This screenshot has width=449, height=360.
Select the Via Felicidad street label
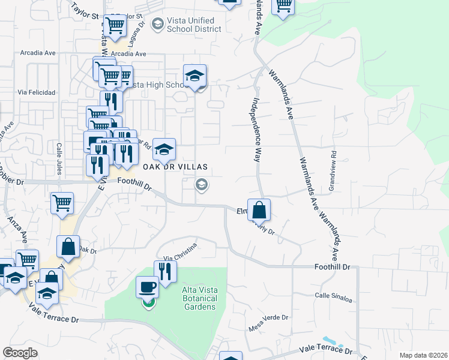(x=37, y=92)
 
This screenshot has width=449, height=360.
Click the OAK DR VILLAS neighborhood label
(x=175, y=166)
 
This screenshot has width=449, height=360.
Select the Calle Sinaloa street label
(x=333, y=295)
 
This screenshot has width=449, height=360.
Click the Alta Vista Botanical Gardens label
(x=199, y=298)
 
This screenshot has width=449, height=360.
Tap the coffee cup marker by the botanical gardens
(x=148, y=287)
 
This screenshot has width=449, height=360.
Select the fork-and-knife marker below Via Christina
(x=166, y=271)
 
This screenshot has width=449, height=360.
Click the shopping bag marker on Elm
(x=259, y=210)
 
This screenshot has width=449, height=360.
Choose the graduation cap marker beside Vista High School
(x=194, y=76)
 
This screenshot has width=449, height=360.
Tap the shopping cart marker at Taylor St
(x=114, y=26)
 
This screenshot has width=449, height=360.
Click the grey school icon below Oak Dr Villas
(x=202, y=185)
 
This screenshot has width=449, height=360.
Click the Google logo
(x=20, y=353)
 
